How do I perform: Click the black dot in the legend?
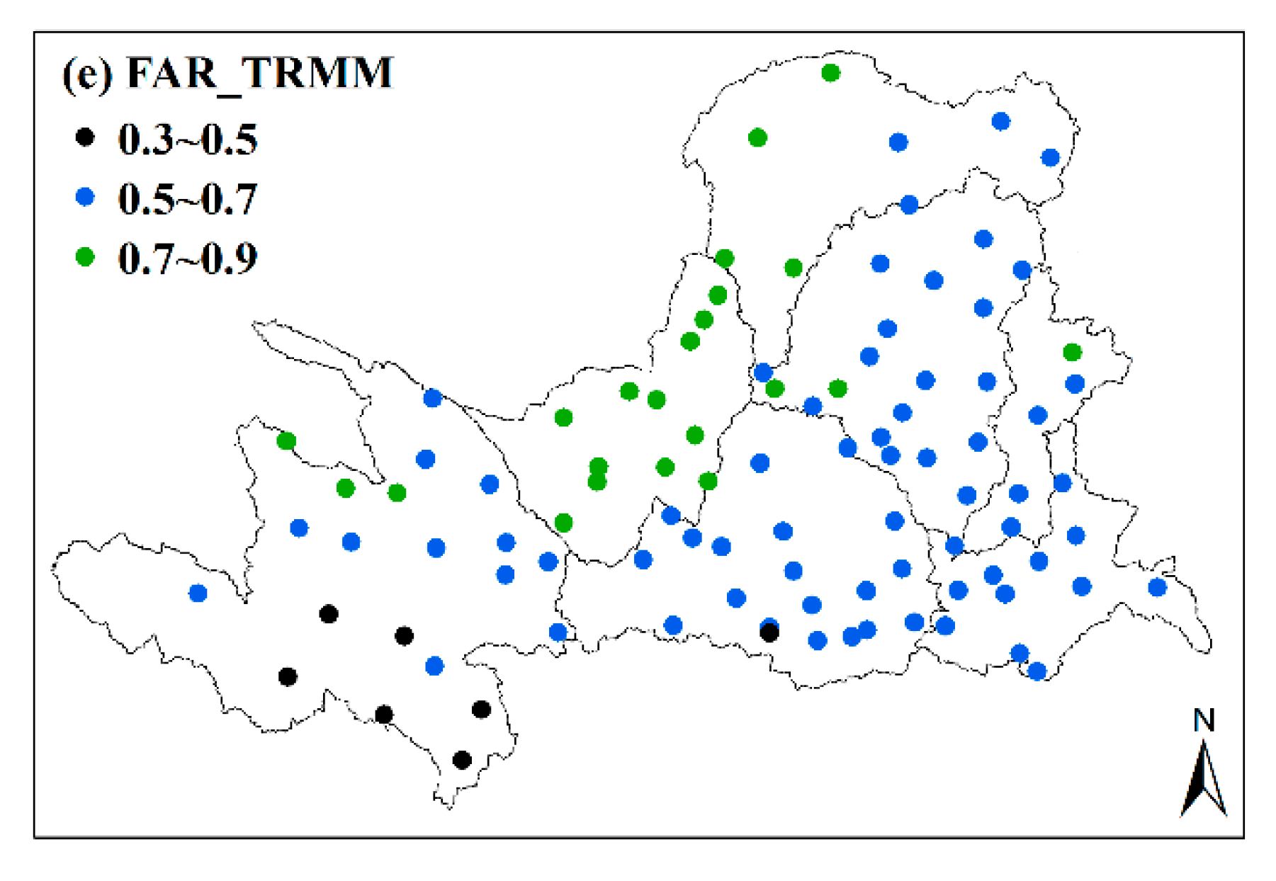(x=85, y=137)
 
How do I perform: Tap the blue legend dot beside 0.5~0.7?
(x=85, y=197)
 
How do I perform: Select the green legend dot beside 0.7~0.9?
(x=85, y=256)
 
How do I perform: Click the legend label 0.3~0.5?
(x=188, y=139)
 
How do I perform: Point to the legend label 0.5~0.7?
(x=188, y=198)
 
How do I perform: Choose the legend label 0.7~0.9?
(x=188, y=258)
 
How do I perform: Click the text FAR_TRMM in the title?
(x=259, y=72)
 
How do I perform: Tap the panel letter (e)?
(x=87, y=74)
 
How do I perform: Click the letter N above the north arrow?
(x=1204, y=721)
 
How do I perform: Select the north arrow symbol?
(x=1204, y=779)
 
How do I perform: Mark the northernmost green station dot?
(x=831, y=73)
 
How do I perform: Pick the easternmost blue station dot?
(x=1157, y=587)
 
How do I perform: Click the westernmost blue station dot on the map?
(x=198, y=593)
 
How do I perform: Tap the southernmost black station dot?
(x=462, y=760)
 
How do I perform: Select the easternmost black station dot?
(x=769, y=633)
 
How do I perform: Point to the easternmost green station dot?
(x=1073, y=352)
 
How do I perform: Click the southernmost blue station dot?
(x=1037, y=671)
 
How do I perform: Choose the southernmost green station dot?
(x=563, y=523)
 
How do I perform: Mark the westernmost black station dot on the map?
(x=288, y=677)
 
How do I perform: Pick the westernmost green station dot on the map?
(x=286, y=441)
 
